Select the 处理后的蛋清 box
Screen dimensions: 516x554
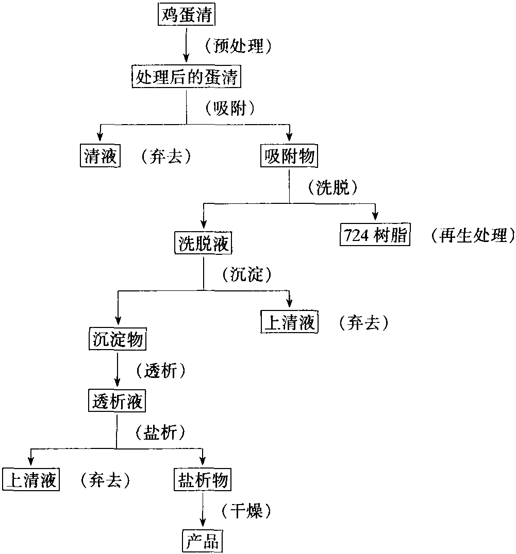187,76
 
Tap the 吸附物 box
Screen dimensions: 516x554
289,155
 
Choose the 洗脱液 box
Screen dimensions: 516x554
203,243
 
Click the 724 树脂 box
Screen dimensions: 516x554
375,234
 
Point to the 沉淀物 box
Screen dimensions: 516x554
118,339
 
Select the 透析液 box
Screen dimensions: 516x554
117,401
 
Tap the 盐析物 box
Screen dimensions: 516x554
203,480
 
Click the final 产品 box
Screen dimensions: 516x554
203,541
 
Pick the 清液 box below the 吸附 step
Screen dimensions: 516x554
100,155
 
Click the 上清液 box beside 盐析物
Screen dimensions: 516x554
31,480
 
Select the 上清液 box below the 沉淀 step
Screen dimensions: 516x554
289,322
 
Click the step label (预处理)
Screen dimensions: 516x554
239,46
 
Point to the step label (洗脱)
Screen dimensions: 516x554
333,187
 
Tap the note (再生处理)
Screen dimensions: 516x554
473,235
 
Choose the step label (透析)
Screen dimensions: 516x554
161,371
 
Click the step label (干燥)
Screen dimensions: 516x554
246,511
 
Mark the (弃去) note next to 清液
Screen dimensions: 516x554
166,156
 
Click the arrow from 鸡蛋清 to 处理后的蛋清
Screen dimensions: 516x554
187,45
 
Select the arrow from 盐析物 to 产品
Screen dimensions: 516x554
203,510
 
